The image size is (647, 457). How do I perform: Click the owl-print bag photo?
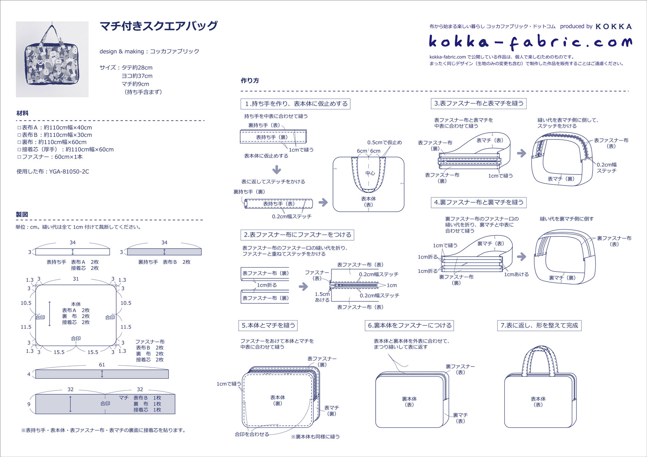[52, 59]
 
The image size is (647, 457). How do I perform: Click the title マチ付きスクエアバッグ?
[158, 26]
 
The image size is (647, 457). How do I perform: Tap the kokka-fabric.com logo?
[530, 42]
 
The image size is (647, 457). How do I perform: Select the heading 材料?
[22, 113]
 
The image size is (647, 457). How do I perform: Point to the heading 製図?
[22, 214]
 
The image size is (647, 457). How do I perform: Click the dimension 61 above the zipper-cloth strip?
[102, 365]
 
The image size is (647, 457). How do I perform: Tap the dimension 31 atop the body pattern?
[76, 279]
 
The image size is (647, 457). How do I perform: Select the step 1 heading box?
[296, 104]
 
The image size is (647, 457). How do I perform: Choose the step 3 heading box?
[479, 103]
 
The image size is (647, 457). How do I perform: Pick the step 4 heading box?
[479, 203]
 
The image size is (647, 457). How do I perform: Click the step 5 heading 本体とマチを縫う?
[268, 325]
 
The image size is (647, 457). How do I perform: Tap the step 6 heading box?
[410, 325]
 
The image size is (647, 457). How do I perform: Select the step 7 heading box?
[539, 325]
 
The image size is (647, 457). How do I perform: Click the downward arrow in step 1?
[277, 169]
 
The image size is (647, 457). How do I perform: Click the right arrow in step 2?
[303, 286]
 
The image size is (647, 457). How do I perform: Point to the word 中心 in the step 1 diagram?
[370, 173]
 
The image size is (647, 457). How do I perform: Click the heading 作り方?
[250, 81]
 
